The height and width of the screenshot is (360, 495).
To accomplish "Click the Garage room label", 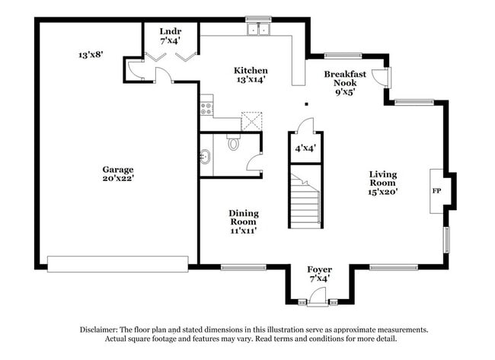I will pos(118,170).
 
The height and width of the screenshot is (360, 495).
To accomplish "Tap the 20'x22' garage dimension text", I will pos(118,180).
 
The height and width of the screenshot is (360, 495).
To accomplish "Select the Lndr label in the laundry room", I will pos(171,31).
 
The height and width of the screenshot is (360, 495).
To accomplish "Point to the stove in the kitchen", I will pos(206,107).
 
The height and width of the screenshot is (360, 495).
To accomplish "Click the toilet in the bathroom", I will pos(234,142).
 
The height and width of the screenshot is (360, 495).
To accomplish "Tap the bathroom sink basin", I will pos(205,158).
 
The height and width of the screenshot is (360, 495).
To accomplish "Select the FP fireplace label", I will pos(437,190).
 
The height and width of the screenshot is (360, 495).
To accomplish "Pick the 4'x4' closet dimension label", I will pos(305,148).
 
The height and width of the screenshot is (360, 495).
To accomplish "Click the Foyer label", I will pos(319,269).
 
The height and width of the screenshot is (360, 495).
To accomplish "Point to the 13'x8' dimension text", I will pos(91,55).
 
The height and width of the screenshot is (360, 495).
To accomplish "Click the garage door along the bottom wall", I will pos(117,264).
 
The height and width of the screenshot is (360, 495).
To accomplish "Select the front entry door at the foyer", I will pos(318,302).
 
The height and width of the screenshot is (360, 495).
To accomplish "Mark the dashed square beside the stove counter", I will pos(251,121).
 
